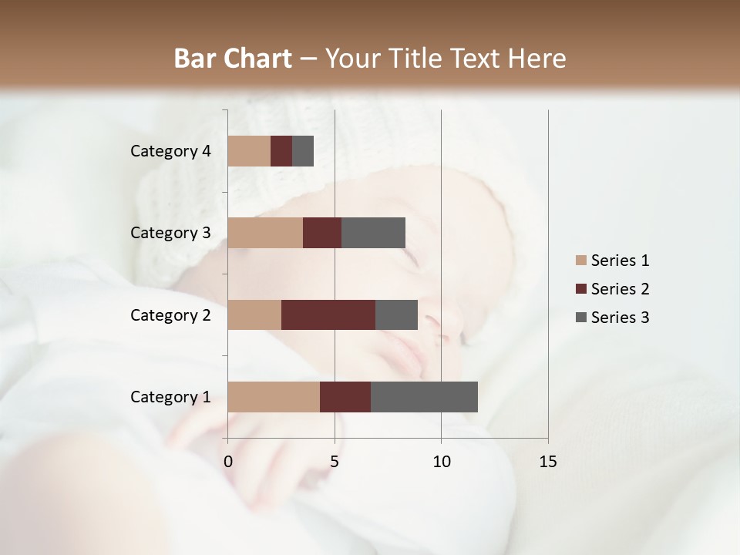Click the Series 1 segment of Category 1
tap(274, 397)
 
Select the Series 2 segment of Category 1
tap(345, 397)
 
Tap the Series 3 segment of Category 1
tap(424, 397)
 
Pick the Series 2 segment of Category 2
tap(328, 314)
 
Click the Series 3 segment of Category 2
tap(396, 314)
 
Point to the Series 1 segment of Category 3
tap(265, 233)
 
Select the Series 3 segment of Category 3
tap(373, 233)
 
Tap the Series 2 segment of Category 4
tap(281, 151)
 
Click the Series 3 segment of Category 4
tap(303, 151)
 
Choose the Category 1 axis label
tap(170, 397)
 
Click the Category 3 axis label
tap(170, 233)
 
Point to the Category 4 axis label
tap(170, 151)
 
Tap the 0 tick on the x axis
tap(228, 462)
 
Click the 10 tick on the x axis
tap(441, 462)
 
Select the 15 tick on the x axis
tap(548, 462)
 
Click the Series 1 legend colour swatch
tap(580, 261)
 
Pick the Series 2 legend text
tap(620, 289)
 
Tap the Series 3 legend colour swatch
tap(580, 318)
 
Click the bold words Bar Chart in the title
tap(233, 59)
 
